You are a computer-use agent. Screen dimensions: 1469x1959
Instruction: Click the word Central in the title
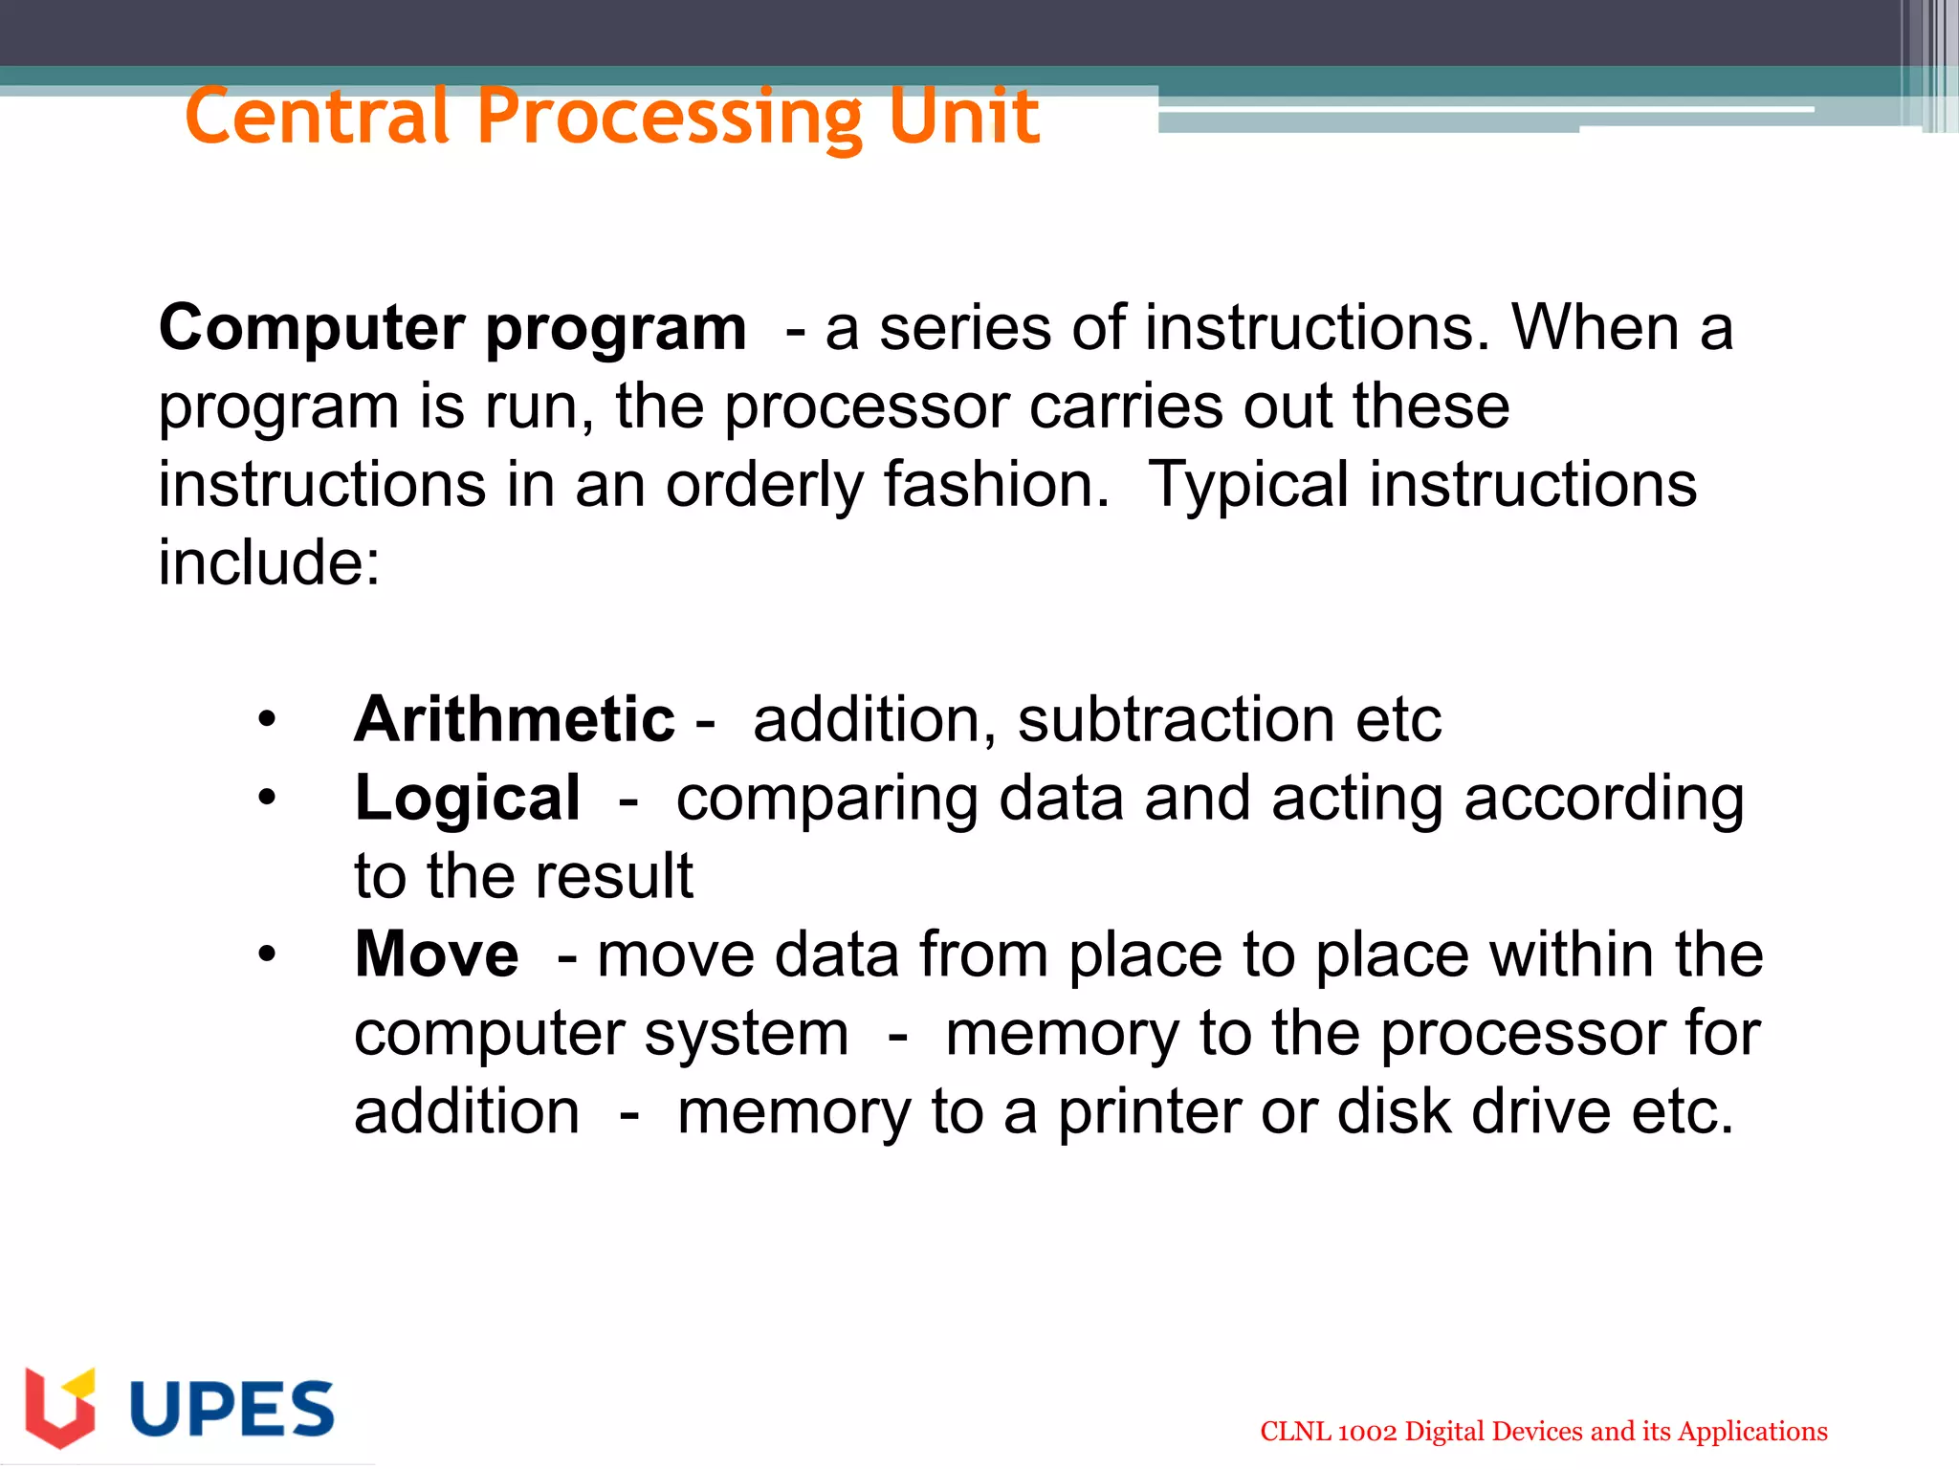click(x=317, y=117)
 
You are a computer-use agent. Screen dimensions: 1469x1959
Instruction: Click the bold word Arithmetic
click(x=514, y=719)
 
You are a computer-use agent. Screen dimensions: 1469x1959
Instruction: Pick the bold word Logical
click(x=467, y=798)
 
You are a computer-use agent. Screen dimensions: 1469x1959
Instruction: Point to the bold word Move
click(x=436, y=954)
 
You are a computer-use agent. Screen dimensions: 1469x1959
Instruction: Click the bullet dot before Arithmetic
click(x=267, y=719)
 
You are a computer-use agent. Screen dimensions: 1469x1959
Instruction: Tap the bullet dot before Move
click(x=267, y=954)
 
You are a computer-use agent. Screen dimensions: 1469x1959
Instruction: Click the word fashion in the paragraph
click(x=995, y=484)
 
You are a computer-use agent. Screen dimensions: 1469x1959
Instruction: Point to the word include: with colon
click(x=269, y=562)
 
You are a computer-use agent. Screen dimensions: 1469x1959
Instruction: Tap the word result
click(x=613, y=876)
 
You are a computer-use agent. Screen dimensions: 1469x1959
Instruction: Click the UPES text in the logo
click(x=231, y=1409)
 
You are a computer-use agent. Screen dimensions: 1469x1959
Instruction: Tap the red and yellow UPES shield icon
click(x=60, y=1407)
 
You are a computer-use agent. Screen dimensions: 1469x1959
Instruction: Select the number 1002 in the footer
click(x=1367, y=1432)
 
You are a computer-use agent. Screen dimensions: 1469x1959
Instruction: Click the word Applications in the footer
click(x=1752, y=1432)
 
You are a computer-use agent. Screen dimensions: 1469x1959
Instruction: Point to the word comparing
click(x=826, y=800)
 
